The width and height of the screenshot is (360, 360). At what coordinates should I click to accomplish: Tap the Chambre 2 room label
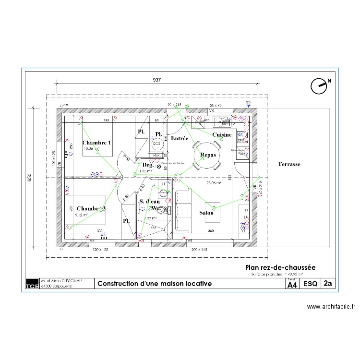coord(90,209)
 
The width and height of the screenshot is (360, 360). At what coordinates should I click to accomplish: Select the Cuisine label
coord(222,135)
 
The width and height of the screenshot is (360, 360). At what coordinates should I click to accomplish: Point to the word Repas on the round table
coord(208,156)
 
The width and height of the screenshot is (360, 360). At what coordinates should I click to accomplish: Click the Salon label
coord(206,213)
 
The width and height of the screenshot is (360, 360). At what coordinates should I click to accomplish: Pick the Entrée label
coord(179,138)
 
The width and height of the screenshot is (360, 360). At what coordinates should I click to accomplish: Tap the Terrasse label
coord(288,164)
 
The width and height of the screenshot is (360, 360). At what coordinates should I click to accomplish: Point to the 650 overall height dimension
coord(29,177)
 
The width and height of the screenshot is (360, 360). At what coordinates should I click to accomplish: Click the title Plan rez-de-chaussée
coord(280,267)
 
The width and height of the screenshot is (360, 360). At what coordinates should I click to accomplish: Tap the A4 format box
coord(292,285)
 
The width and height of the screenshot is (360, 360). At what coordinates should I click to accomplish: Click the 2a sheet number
coord(328,284)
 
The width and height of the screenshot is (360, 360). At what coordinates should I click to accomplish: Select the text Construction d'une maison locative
coord(154,284)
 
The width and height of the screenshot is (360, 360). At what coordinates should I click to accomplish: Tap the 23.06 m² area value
coord(213,183)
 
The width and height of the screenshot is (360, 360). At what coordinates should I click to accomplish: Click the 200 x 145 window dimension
coord(199,250)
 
